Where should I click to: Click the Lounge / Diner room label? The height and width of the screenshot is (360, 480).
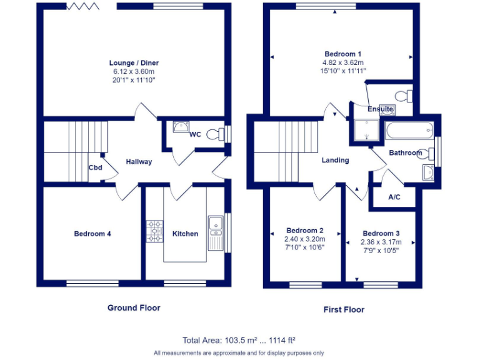[134, 63]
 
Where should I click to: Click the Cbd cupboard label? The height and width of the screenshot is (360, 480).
[95, 167]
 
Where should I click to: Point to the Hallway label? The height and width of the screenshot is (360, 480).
[139, 162]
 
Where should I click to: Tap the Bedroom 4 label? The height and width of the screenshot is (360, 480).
[92, 234]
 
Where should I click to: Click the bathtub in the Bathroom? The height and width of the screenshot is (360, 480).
[409, 132]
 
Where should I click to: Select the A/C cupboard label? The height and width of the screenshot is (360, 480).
[394, 197]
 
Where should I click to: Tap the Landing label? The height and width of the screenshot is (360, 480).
[335, 161]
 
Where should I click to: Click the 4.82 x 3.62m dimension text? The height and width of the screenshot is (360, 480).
[342, 62]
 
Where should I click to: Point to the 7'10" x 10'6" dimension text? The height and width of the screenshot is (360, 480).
[304, 247]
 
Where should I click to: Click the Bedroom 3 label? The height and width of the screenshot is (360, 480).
[381, 234]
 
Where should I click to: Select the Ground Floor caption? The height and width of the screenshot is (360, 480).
[134, 307]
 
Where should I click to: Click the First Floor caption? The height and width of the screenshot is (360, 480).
[344, 309]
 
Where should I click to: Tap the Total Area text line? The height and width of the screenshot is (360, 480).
[239, 341]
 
